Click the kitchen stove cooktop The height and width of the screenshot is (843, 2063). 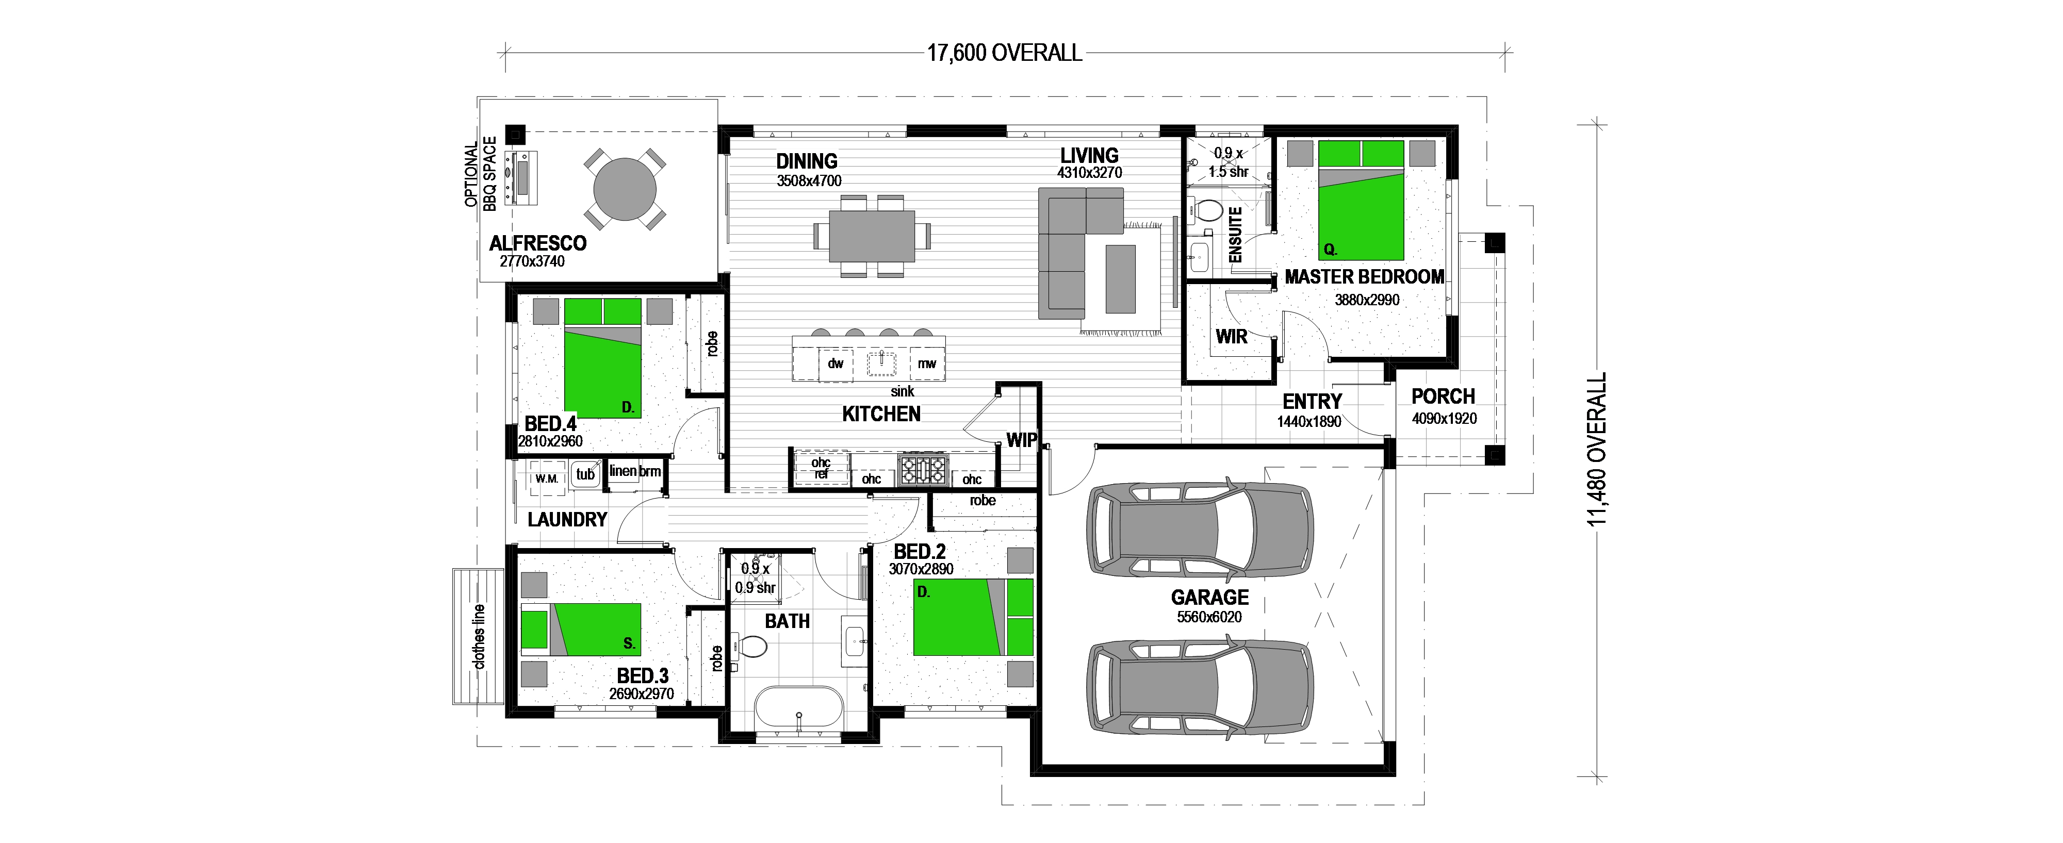(x=923, y=469)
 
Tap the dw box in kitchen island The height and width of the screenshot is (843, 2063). (x=836, y=363)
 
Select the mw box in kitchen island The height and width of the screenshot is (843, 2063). (x=927, y=363)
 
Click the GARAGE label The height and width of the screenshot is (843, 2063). (x=1209, y=597)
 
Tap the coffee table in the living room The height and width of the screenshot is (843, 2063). (x=1120, y=278)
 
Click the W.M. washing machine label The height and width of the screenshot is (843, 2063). (x=547, y=479)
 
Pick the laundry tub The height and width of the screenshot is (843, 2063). (x=585, y=475)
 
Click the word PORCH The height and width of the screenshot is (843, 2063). (x=1443, y=396)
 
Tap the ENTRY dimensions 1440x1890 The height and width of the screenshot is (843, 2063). (x=1309, y=421)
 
